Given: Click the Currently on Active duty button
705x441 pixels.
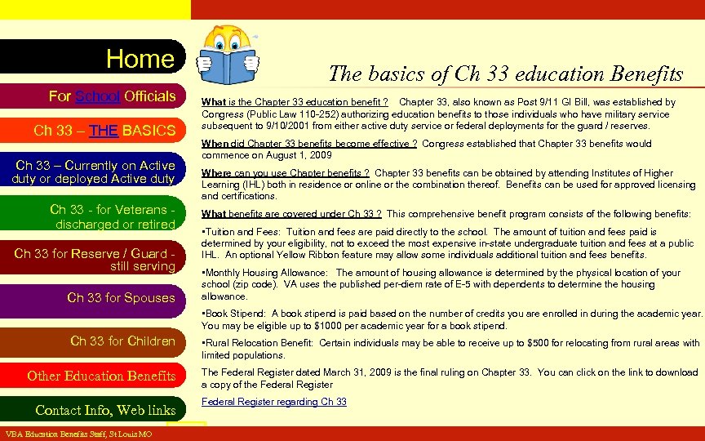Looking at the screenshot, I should (x=94, y=171).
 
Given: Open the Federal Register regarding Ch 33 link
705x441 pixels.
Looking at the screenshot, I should (x=274, y=402).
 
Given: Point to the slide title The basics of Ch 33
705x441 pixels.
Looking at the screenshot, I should (x=505, y=73).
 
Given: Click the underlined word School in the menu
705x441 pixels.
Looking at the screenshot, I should (x=99, y=96).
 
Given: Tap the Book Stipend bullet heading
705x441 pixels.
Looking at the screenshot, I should (x=236, y=313).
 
